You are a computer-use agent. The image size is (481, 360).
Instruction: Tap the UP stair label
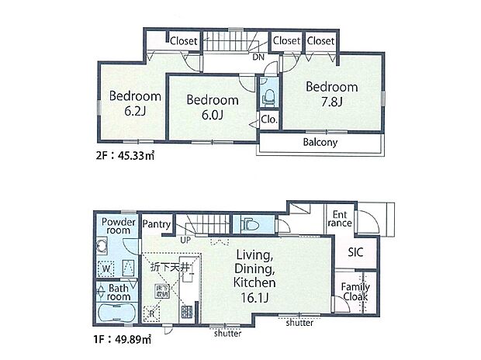186,241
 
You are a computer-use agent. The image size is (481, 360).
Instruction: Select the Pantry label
157,224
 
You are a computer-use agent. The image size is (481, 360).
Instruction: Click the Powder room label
119,225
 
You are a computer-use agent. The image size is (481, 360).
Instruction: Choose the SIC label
356,252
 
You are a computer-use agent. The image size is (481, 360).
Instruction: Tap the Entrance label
341,219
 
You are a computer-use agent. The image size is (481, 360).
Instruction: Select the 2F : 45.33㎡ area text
125,155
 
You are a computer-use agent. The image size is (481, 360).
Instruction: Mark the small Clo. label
270,120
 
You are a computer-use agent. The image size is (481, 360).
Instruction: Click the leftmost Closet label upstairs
183,40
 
